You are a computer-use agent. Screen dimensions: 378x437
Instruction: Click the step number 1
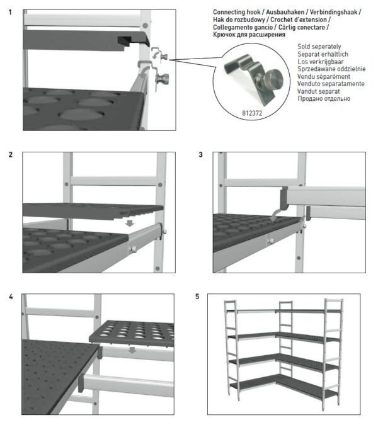10,12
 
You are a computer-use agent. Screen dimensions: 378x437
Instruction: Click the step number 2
11,155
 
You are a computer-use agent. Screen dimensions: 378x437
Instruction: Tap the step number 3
201,155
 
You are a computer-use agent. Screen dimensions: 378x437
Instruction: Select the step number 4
11,297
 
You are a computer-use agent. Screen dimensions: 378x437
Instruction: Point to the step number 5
197,297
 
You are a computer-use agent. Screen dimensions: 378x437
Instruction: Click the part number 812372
252,113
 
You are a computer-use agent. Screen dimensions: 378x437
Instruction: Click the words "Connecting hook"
237,12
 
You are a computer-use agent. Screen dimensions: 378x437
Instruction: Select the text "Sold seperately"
319,47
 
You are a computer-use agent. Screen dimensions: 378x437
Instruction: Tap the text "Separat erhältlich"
323,54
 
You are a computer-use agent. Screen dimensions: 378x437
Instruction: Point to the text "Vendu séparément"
324,76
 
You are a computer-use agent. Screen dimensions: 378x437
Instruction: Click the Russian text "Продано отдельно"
324,98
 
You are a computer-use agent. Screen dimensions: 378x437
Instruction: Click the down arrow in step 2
129,223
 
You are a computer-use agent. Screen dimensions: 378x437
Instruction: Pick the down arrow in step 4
132,350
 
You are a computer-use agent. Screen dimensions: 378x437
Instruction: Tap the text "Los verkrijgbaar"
321,62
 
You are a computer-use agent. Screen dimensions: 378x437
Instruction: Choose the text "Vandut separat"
319,91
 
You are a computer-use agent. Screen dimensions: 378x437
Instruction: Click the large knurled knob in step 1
163,79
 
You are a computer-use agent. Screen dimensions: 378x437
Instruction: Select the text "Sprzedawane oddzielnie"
331,69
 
